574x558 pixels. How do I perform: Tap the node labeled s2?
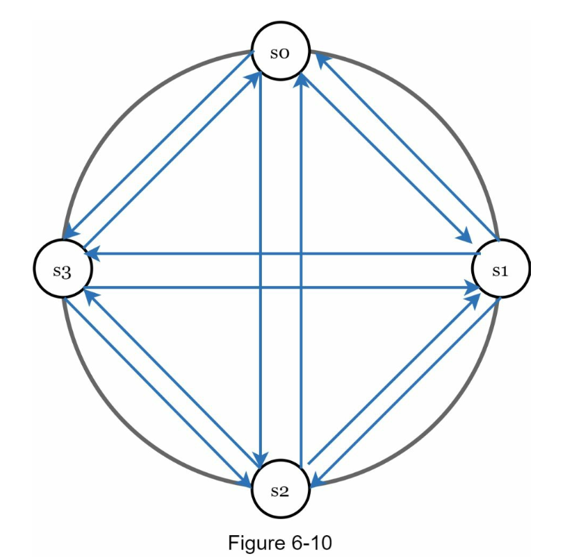pos(281,490)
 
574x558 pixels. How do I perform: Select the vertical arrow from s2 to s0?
pos(302,347)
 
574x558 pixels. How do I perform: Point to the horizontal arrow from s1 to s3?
pos(347,254)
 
